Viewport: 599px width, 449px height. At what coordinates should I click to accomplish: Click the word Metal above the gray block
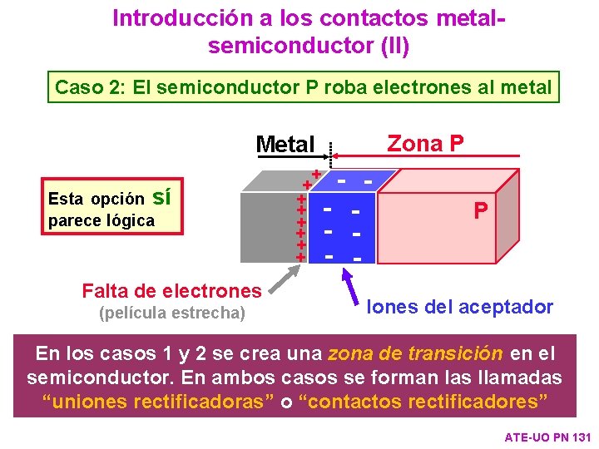click(x=285, y=145)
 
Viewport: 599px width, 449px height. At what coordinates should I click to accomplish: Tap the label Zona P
click(x=425, y=143)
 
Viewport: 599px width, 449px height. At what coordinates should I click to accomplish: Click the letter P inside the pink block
click(x=481, y=210)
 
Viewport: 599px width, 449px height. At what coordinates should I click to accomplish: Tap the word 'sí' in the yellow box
click(x=162, y=197)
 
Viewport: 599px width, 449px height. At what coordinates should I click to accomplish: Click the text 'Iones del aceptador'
click(x=460, y=307)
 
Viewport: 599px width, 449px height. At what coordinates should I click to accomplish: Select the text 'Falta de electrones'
click(x=171, y=290)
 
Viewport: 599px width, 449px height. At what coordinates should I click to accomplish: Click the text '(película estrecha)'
click(x=172, y=313)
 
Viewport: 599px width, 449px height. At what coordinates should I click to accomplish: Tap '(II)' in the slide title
click(x=391, y=45)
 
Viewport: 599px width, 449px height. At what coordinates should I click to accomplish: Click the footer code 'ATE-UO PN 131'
click(x=547, y=437)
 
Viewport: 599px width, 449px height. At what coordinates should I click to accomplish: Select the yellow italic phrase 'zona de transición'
click(x=415, y=353)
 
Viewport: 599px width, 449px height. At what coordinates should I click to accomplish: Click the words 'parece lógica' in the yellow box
click(x=101, y=220)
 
